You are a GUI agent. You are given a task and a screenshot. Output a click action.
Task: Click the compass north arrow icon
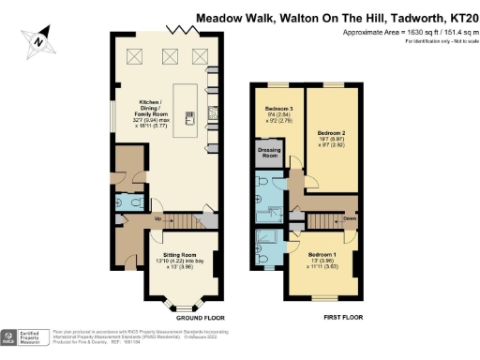(37, 39)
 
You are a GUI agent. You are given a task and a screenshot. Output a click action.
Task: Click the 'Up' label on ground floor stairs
(157, 218)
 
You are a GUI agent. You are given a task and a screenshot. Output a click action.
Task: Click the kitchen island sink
(188, 117)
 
